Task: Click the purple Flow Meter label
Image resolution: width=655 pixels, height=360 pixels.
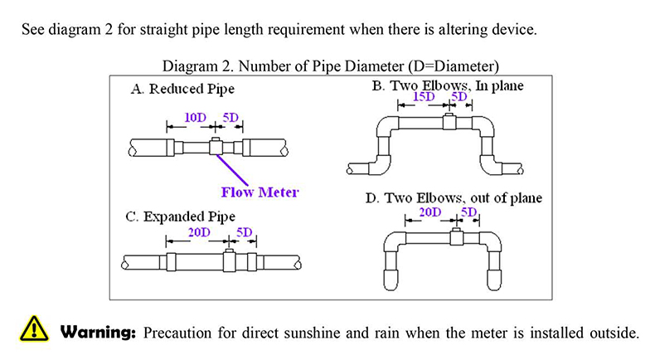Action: tap(260, 192)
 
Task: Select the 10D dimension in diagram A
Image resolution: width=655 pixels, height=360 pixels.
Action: tap(196, 118)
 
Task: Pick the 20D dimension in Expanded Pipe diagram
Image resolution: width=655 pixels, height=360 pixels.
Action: tap(200, 232)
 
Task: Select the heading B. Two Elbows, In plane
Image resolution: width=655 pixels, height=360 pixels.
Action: tap(449, 85)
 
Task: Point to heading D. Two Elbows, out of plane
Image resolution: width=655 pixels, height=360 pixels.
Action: tap(454, 198)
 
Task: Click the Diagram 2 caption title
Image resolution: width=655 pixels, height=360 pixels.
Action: tap(330, 65)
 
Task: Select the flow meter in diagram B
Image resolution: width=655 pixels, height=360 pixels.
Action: tap(449, 122)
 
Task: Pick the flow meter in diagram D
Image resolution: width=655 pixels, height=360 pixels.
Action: tap(457, 239)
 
